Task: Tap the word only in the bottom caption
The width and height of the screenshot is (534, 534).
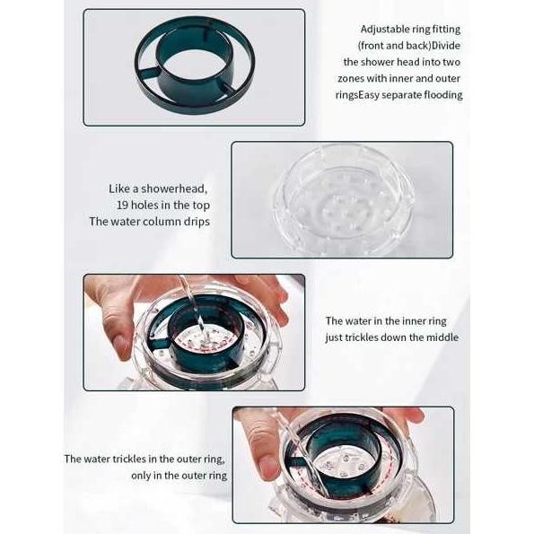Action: click(144, 476)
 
